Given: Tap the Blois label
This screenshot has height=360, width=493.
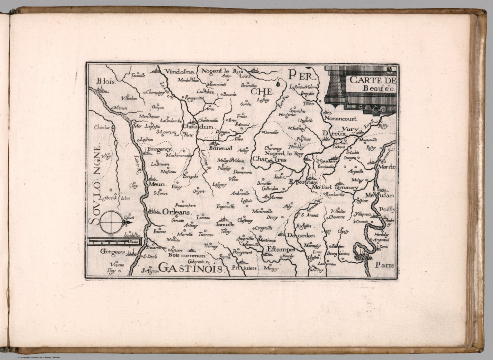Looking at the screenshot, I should click(105, 82).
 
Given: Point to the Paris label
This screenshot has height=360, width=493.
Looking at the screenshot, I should click(385, 265).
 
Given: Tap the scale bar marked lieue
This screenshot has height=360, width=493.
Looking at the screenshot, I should click(112, 241).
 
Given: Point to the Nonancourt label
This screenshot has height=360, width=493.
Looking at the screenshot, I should click(341, 119).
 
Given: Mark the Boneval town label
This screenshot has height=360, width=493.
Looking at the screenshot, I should click(220, 148).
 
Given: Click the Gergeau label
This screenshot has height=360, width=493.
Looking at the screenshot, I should click(112, 252).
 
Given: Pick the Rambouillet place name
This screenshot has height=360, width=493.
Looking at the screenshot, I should click(335, 195).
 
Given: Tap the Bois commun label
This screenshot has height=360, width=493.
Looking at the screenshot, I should click(186, 256).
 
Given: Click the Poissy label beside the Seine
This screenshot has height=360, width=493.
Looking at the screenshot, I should click(387, 209).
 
